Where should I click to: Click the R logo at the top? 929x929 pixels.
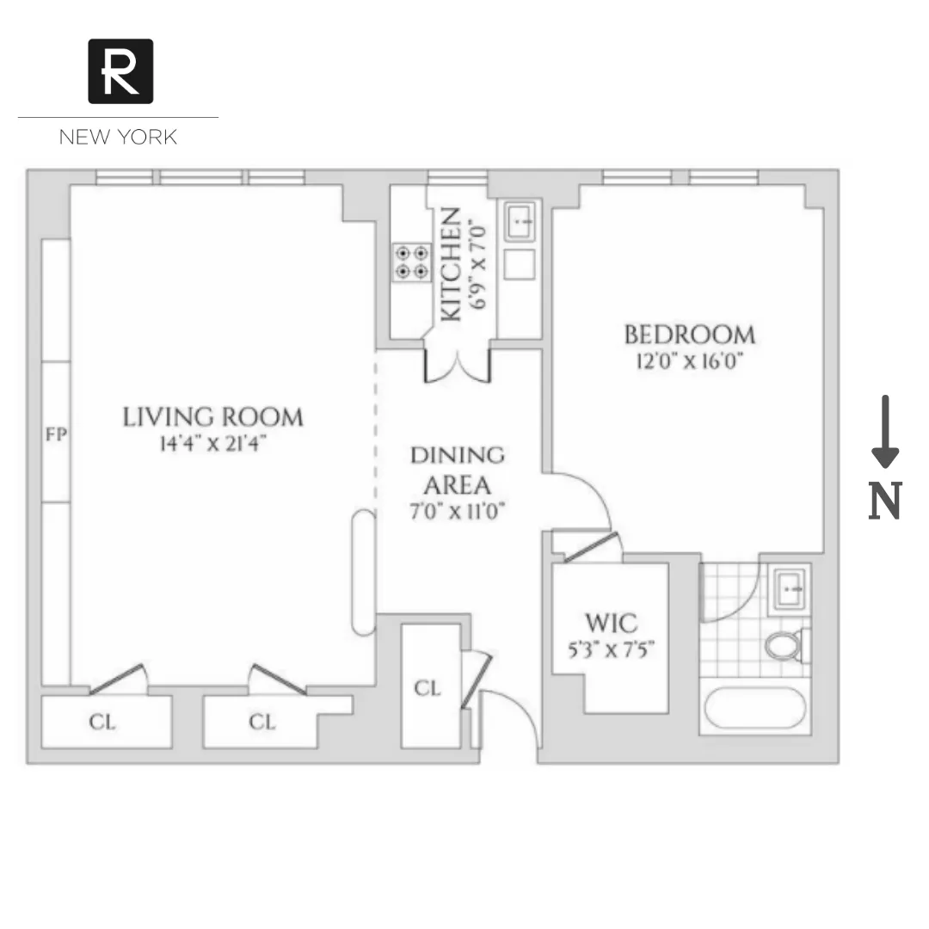120,71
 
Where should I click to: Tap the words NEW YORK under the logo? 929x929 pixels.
118,137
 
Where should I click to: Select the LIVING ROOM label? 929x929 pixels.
212,417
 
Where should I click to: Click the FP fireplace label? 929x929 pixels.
56,434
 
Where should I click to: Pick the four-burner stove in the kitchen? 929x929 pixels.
411,262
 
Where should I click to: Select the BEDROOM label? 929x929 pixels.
689,334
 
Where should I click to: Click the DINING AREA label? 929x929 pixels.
457,469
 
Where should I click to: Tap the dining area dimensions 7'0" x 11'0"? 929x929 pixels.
456,511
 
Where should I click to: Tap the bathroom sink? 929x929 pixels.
790,588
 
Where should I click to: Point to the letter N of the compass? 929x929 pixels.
884,501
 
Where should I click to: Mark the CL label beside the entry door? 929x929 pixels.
428,688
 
